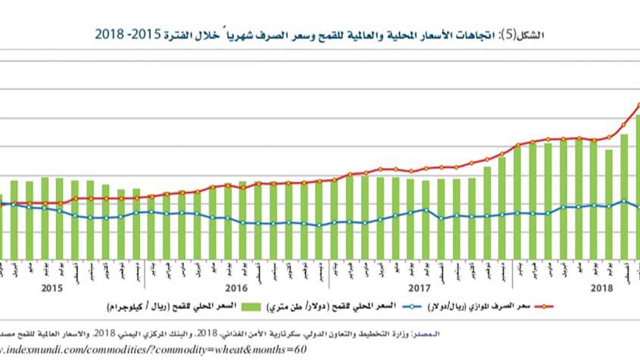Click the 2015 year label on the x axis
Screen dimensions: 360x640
click(x=52, y=288)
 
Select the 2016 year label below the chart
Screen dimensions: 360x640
click(x=236, y=288)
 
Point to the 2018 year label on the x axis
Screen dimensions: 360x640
click(x=602, y=288)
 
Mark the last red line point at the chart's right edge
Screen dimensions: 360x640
click(x=638, y=105)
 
